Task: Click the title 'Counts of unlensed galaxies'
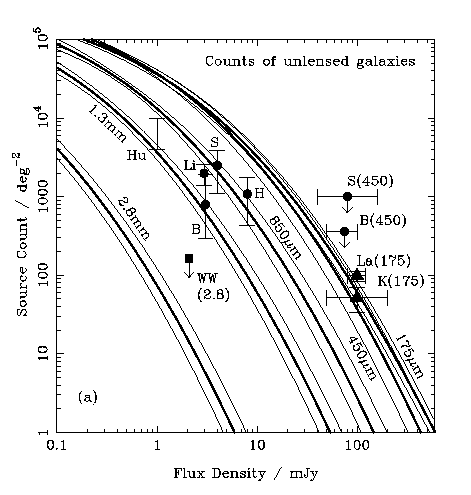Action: pos(310,62)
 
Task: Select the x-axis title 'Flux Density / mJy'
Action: pos(246,474)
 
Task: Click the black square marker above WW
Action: pos(189,258)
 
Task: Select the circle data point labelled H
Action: pos(247,194)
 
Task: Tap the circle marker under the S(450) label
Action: pos(347,196)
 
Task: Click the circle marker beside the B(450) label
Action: pos(345,231)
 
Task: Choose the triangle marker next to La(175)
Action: pos(357,274)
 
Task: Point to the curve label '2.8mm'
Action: pos(133,220)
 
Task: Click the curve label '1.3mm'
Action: pos(107,124)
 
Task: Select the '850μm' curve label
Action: pos(285,238)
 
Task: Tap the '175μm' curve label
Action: pos(409,356)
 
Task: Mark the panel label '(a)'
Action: pos(88,397)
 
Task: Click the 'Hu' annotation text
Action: pos(136,155)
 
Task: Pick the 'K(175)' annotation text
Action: pos(401,282)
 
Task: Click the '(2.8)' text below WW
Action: pos(214,295)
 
